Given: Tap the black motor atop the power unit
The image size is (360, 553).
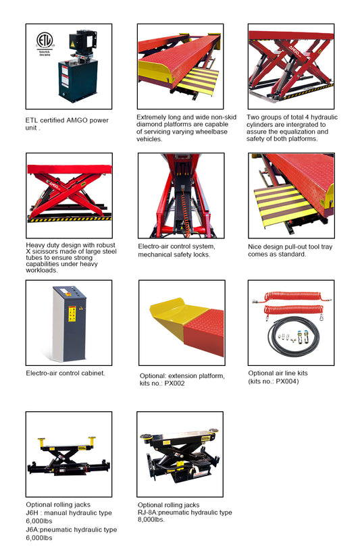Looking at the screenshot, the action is click(82, 43).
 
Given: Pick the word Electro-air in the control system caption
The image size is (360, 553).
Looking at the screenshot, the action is click(154, 246).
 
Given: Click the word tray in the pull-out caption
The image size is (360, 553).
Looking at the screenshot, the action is click(326, 247).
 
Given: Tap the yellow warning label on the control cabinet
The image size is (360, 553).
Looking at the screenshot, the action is click(72, 314).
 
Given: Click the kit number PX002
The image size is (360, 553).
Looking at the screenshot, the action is click(174, 384).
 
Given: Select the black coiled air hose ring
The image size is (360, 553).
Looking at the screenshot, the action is click(293, 336).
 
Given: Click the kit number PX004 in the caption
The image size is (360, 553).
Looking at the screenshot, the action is click(286, 381).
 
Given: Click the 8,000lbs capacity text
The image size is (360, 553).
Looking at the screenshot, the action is click(151, 519).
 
